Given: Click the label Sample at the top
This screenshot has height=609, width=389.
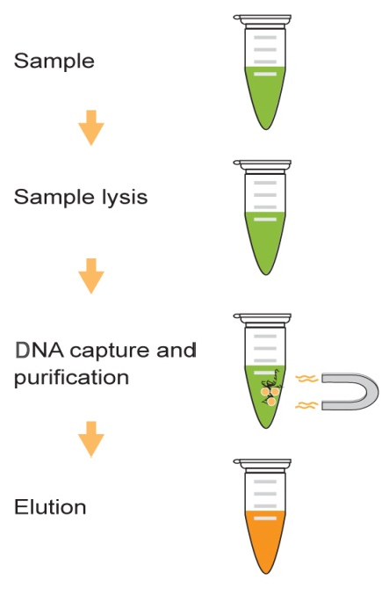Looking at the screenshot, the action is (x=54, y=61).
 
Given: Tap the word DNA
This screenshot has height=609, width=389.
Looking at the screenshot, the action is (x=40, y=351).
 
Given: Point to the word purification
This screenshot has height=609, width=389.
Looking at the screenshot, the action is (x=71, y=378).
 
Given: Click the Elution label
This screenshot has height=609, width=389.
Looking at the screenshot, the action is (x=50, y=507).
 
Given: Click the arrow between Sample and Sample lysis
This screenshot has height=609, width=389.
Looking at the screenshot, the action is (x=91, y=127).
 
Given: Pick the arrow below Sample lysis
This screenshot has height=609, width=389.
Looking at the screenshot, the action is (x=91, y=276).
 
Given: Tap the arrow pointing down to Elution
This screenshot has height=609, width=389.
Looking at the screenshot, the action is (x=91, y=439).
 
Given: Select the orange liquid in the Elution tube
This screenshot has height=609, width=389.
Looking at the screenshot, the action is (x=265, y=540).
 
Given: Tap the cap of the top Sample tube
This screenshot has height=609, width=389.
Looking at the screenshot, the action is (x=263, y=19).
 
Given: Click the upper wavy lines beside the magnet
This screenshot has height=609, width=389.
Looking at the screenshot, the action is (x=306, y=378).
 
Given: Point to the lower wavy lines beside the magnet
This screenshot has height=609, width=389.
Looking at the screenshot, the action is (x=306, y=405).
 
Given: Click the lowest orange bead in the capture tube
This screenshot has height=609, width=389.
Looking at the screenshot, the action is (x=271, y=402).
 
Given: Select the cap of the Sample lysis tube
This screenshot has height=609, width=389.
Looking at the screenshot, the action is (x=263, y=164).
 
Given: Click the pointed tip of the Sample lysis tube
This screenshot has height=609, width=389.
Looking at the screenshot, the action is (x=266, y=274).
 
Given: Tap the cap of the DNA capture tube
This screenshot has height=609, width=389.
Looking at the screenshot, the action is (x=263, y=318).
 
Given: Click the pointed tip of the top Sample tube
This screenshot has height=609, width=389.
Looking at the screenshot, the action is (x=266, y=129).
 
